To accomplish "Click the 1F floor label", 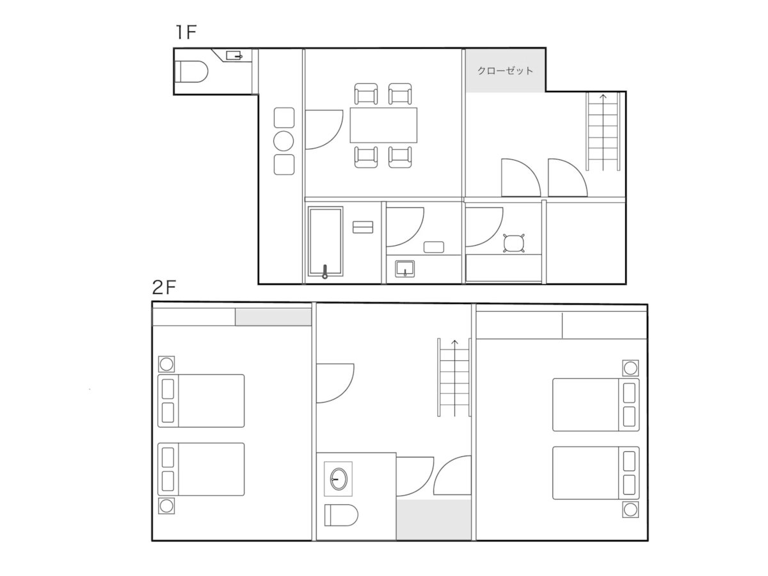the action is tap(186, 32).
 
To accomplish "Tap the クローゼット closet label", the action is tap(505, 70).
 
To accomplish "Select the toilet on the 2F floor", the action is tap(341, 515).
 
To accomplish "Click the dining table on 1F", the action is tap(383, 125).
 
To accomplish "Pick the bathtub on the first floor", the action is tap(325, 242).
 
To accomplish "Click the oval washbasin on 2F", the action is tap(339, 479).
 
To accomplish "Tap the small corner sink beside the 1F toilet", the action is tap(234, 55).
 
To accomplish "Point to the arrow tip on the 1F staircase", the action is tap(603, 95).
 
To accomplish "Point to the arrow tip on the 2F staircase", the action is tap(454, 340).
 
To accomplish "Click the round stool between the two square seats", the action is tap(284, 141).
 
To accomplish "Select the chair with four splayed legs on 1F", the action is tap(514, 243).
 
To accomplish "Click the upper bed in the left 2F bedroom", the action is tap(201, 401).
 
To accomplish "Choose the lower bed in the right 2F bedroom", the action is tap(596, 473).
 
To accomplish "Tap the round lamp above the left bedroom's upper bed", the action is tap(166, 364).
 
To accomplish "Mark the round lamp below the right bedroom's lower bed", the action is tap(630, 509).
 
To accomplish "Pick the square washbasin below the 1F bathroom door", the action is tap(405, 269).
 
